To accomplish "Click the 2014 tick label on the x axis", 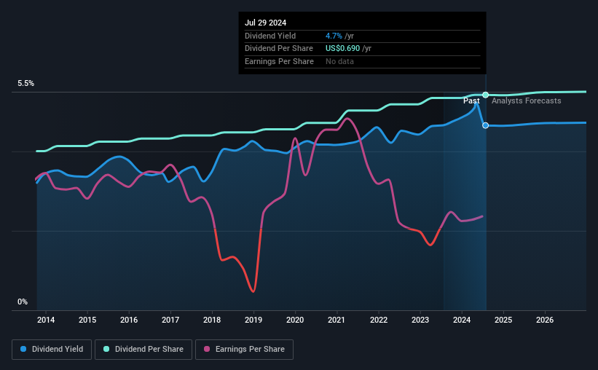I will point(46,320).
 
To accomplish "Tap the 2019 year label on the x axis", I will point(253,320).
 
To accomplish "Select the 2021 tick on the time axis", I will point(337,320).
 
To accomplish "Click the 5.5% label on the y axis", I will point(26,84).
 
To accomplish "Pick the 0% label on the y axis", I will point(23,302).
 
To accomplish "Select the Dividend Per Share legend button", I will point(144,350).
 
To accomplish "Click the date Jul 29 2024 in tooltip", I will point(266,23).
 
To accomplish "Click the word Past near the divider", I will point(471,101).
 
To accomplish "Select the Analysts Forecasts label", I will point(526,101).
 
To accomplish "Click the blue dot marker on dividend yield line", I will point(486,125).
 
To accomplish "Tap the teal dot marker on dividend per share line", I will point(485,95).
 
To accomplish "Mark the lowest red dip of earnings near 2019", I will point(253,291).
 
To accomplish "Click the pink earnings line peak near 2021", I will point(347,118).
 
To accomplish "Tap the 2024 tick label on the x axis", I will point(462,320).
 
